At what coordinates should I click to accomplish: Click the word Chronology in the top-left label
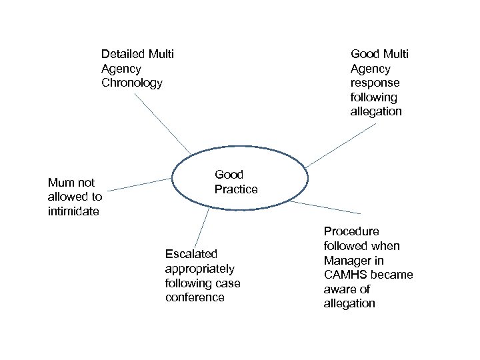pos(131,83)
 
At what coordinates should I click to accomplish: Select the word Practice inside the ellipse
pos(235,189)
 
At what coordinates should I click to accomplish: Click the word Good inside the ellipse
pos(229,175)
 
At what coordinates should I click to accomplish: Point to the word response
pos(375,83)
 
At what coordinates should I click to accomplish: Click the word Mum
pos(61,183)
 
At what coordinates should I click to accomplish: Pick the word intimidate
pos(73,212)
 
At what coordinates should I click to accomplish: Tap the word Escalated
pos(191,254)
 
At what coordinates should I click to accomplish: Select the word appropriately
pos(199,269)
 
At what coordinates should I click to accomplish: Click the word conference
pos(195,298)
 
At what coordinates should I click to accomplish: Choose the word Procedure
pos(351,231)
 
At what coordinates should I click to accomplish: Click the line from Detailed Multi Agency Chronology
pos(163,124)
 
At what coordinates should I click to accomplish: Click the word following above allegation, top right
pos(374,97)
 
